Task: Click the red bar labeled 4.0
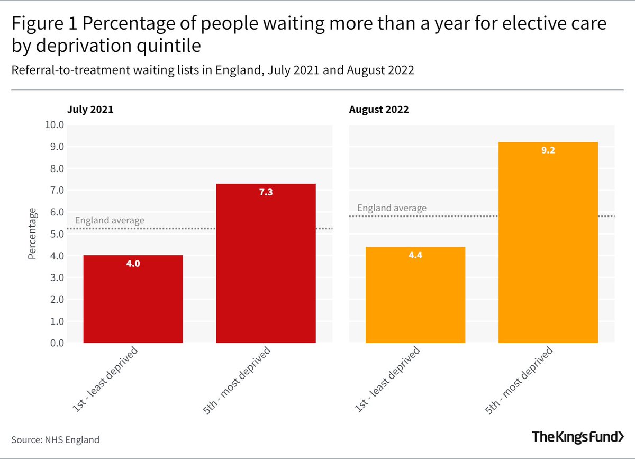133,299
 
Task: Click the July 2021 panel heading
90,110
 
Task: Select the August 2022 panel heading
378,110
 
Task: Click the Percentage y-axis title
33,233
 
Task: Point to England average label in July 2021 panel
110,221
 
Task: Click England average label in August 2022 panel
392,208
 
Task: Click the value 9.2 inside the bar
548,150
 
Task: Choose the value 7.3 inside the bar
266,192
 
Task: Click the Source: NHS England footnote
55,439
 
